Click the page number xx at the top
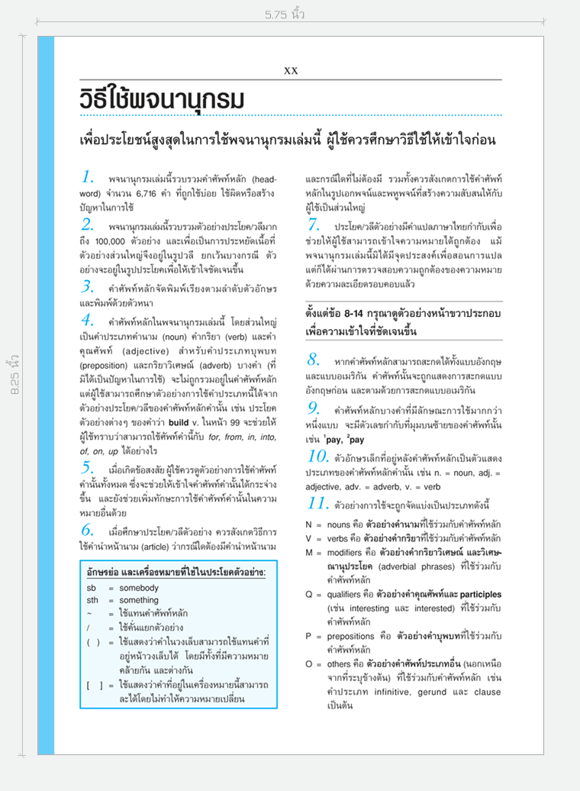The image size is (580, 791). pyautogui.click(x=291, y=70)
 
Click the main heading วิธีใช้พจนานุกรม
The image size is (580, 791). pyautogui.click(x=162, y=99)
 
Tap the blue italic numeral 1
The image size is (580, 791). pyautogui.click(x=88, y=178)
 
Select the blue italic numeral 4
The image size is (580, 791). pyautogui.click(x=88, y=320)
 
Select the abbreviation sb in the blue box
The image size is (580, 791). pyautogui.click(x=92, y=588)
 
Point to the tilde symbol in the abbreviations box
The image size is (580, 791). pyautogui.click(x=90, y=613)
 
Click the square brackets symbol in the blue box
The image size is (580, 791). pyautogui.click(x=95, y=686)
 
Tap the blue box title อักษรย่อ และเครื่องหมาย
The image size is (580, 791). pyautogui.click(x=176, y=572)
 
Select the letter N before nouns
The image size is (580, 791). pyautogui.click(x=309, y=525)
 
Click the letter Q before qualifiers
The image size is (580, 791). pyautogui.click(x=309, y=593)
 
